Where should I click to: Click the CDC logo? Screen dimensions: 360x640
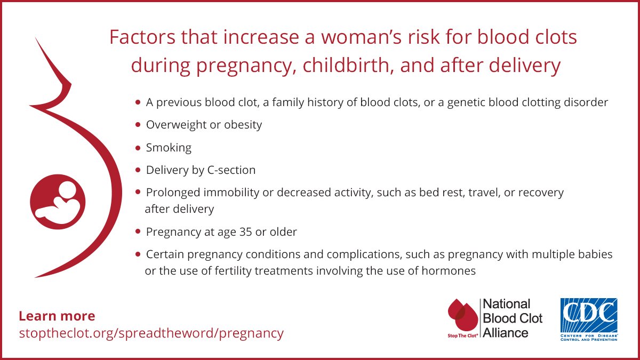[588, 319]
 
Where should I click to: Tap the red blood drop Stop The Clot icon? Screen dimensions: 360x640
[462, 317]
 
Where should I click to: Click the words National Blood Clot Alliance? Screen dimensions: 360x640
[512, 318]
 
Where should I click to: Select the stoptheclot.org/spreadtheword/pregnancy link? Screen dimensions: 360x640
[151, 333]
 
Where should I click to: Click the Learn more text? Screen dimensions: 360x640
[57, 316]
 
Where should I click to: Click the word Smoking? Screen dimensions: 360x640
[169, 147]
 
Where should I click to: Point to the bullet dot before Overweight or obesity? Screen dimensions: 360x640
[138, 125]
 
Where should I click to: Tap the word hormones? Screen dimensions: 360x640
[447, 271]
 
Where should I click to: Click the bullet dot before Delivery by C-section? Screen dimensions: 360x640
[138, 170]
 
